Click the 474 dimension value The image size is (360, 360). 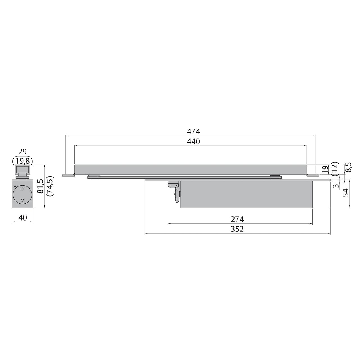(x=193, y=131)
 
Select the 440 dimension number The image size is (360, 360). (x=193, y=141)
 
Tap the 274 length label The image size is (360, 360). (x=237, y=219)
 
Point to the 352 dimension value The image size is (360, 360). (x=237, y=229)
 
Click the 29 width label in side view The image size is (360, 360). (x=22, y=152)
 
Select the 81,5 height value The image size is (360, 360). (x=40, y=186)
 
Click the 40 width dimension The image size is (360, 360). (x=22, y=217)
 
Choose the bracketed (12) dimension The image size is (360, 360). (x=334, y=169)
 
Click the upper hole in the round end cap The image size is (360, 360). (x=22, y=190)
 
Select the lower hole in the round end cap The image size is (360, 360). (x=22, y=200)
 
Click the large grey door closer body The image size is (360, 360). (x=246, y=194)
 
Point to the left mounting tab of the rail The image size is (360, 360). (x=68, y=175)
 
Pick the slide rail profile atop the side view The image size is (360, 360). (x=22, y=170)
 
